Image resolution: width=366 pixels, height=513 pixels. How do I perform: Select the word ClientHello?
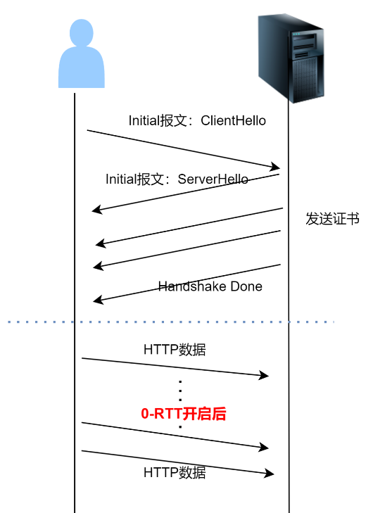(x=234, y=120)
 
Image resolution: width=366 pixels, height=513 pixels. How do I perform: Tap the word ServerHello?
(x=213, y=179)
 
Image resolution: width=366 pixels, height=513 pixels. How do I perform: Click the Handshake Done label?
(x=210, y=286)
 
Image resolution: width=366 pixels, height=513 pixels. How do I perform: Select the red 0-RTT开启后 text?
(x=184, y=414)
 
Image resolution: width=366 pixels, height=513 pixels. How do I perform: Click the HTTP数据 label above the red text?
(x=175, y=349)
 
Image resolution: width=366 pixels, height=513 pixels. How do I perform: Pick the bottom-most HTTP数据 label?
(x=175, y=472)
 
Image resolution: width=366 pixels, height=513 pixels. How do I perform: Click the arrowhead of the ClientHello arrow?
(x=276, y=167)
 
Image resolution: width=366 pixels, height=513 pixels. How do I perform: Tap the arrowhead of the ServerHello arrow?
(x=96, y=210)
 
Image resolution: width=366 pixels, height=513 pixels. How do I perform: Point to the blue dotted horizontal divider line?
(x=169, y=322)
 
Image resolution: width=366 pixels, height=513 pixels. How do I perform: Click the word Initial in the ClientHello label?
(x=145, y=120)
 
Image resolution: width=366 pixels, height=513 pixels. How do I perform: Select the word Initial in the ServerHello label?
(x=122, y=179)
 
